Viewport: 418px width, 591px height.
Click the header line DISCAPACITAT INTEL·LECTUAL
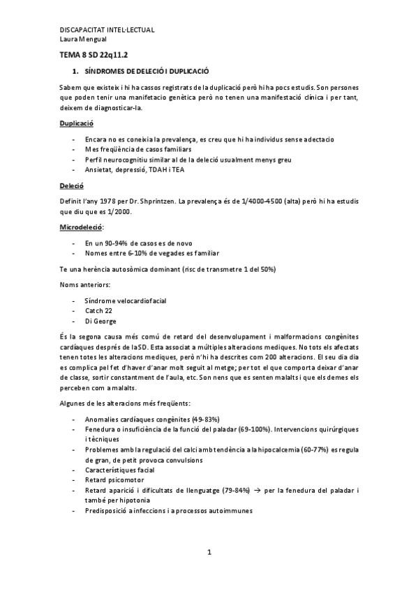pos(107,30)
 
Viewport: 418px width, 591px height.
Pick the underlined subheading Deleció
pos(71,187)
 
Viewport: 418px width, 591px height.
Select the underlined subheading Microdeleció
pos(80,228)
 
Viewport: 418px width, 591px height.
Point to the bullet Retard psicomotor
pos(114,480)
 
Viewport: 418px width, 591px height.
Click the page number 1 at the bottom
pos(209,553)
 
